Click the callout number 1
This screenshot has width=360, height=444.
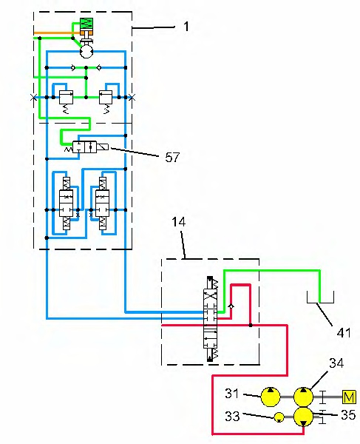[x=186, y=27]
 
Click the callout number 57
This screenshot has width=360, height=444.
[x=172, y=158]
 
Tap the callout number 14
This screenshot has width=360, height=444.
[x=179, y=222]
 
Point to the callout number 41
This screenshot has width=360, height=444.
[x=344, y=333]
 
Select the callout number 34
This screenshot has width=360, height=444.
[x=336, y=363]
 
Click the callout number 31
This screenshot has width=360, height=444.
[x=232, y=394]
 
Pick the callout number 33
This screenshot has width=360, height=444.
[x=232, y=416]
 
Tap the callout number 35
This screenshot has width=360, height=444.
[x=348, y=415]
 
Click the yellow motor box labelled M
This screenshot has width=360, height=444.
[x=349, y=397]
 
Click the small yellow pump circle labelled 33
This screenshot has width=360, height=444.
[x=279, y=417]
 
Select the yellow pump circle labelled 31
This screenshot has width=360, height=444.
[x=271, y=397]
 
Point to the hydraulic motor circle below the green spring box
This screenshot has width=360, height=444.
[x=86, y=52]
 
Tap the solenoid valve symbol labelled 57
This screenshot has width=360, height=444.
[x=90, y=147]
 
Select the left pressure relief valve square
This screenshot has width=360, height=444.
[x=66, y=97]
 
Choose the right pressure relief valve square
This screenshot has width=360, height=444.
[x=106, y=97]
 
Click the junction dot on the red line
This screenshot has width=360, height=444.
[x=251, y=326]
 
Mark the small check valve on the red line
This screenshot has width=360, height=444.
[x=231, y=306]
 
